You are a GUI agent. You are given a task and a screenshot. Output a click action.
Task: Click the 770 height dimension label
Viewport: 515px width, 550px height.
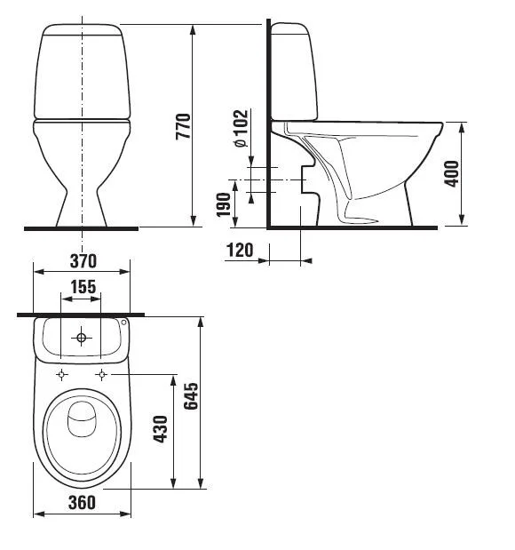click(183, 126)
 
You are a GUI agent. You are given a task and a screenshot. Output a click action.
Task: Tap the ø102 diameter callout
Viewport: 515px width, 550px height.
click(242, 129)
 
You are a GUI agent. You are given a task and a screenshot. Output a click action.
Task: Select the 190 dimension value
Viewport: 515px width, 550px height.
click(224, 204)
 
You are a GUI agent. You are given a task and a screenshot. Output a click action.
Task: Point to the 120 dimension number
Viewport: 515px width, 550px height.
click(240, 250)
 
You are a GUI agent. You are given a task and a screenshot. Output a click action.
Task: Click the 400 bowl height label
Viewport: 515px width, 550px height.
click(451, 173)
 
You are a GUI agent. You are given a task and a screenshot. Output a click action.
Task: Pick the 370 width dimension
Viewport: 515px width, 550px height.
click(83, 261)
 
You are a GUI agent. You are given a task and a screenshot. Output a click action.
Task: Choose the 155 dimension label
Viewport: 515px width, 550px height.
click(83, 287)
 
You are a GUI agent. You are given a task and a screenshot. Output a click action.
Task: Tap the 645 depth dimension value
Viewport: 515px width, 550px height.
click(191, 396)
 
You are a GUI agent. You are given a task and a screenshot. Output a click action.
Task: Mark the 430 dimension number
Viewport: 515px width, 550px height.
click(160, 429)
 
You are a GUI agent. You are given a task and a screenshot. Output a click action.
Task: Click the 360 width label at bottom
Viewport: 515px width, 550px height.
click(82, 503)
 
